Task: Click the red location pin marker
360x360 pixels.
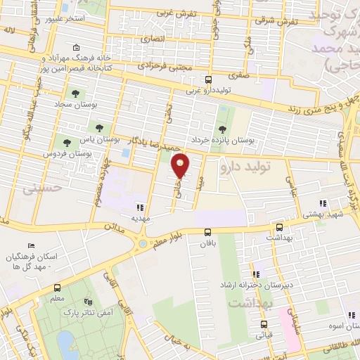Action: pyautogui.click(x=181, y=165)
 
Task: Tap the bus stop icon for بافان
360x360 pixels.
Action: pyautogui.click(x=207, y=232)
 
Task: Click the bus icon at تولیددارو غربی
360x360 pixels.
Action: pyautogui.click(x=207, y=79)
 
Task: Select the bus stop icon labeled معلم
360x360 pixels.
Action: pyautogui.click(x=57, y=288)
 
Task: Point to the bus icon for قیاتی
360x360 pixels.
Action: pyautogui.click(x=264, y=324)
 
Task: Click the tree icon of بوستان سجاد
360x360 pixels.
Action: pyautogui.click(x=75, y=93)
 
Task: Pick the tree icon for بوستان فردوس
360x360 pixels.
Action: pyautogui.click(x=67, y=142)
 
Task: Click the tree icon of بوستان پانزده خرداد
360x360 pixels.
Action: pyautogui.click(x=222, y=129)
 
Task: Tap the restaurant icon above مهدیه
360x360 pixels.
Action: pyautogui.click(x=140, y=207)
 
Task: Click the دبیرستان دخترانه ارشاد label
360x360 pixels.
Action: pyautogui.click(x=289, y=277)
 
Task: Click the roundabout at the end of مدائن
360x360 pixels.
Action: pyautogui.click(x=145, y=243)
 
